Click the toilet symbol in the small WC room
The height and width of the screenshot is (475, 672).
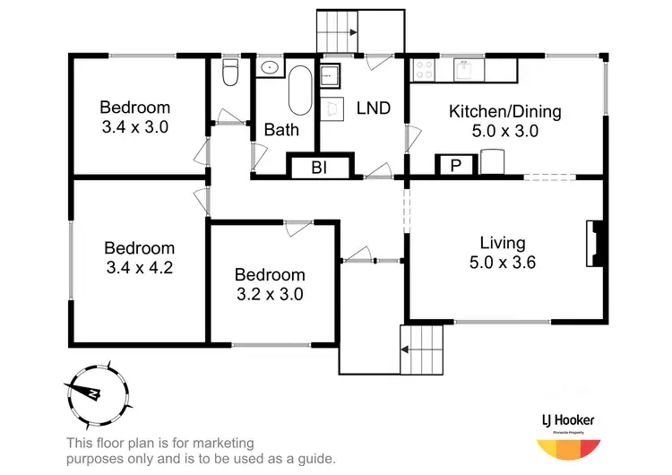point(230,73)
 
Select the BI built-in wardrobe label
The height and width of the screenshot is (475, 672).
point(318,168)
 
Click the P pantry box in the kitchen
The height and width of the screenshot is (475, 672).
point(454,166)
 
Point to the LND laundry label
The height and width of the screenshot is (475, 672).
point(373,108)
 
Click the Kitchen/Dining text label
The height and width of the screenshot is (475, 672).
point(504,112)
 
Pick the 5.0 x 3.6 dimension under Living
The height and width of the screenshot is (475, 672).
point(502,263)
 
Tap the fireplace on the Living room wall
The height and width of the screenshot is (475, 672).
point(596,242)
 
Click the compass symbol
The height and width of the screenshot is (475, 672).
point(94,393)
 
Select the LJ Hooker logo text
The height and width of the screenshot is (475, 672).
point(568,419)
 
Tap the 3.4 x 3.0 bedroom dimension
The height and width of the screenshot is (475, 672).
point(134,127)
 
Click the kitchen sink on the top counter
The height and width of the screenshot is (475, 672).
point(466,68)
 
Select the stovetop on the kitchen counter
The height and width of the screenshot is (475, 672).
point(424,68)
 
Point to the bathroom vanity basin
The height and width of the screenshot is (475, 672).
point(268,67)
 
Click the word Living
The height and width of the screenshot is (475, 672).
point(502,243)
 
